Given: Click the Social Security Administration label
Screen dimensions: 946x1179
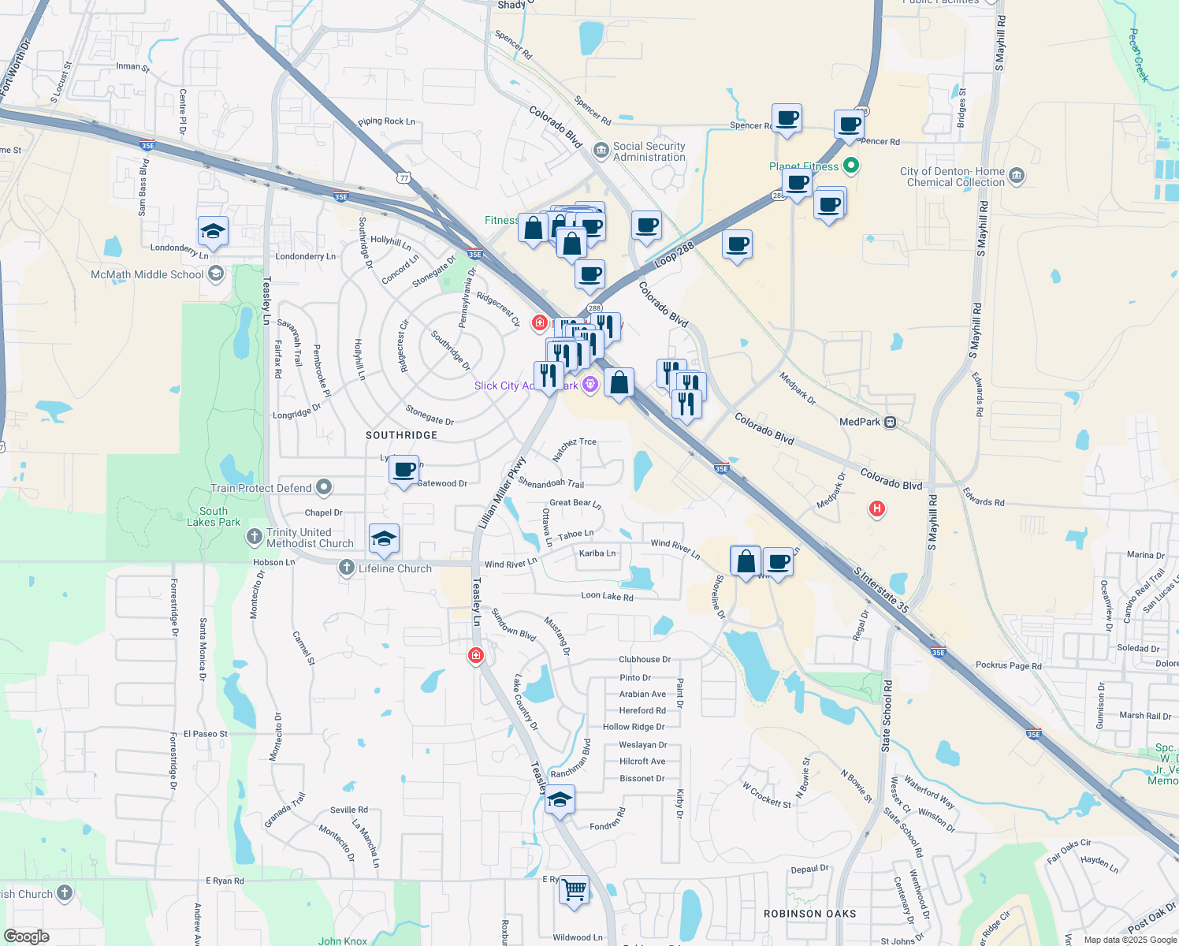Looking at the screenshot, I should (649, 151).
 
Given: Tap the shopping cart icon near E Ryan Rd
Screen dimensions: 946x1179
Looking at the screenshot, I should (575, 891).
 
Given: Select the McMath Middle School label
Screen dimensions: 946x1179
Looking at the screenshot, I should (147, 274).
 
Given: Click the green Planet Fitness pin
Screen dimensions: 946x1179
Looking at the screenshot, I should (850, 166).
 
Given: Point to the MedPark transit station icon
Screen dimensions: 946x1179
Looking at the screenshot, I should (890, 422).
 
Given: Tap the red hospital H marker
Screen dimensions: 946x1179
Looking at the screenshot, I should (876, 508).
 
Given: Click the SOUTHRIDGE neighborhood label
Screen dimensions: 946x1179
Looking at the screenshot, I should (401, 435).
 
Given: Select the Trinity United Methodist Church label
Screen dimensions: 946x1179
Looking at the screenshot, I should (310, 538).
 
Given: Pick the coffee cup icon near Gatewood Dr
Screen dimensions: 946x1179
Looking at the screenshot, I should (404, 471).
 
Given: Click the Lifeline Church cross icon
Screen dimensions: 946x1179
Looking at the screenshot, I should (347, 568).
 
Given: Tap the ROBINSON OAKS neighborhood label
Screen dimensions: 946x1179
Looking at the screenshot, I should (809, 914).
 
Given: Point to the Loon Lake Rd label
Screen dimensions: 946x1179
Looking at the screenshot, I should (607, 597).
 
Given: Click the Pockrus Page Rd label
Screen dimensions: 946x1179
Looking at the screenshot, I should (1008, 665).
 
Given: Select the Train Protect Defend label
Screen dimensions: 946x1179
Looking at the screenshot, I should (261, 488).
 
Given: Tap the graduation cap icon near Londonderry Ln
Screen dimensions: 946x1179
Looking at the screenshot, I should (213, 232).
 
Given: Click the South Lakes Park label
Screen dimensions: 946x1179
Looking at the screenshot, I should (214, 516).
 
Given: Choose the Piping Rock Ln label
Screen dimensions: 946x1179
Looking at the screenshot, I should (386, 121).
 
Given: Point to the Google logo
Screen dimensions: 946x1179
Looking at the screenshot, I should (26, 937).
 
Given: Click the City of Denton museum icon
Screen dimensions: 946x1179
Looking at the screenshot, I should (1016, 175).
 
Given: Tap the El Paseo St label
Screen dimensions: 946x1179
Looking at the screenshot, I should (205, 734).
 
